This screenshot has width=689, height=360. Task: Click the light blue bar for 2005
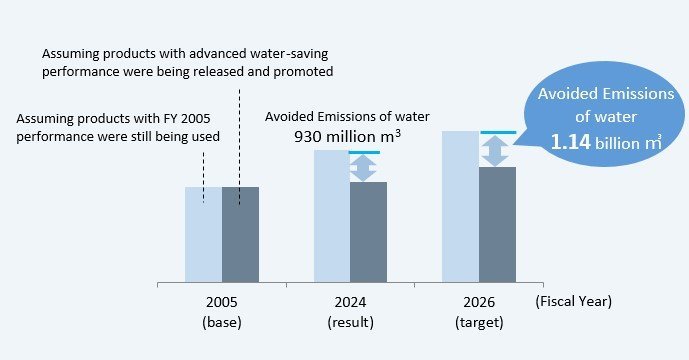203,235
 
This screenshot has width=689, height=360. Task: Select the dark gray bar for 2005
240,235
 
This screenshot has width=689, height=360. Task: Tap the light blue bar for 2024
331,215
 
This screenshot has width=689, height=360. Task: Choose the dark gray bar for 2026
498,225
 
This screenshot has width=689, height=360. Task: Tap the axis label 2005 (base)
222,311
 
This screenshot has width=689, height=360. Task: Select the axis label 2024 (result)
350,311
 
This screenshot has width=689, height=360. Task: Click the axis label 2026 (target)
478,311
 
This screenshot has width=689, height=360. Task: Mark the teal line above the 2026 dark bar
498,133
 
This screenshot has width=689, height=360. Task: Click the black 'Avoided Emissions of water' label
347,115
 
